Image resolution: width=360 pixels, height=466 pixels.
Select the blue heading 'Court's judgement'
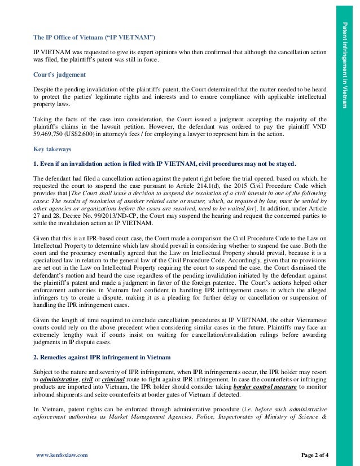click(x=59, y=74)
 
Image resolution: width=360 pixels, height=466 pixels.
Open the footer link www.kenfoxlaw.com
click(x=62, y=454)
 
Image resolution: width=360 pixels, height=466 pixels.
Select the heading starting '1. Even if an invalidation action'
click(x=164, y=164)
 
